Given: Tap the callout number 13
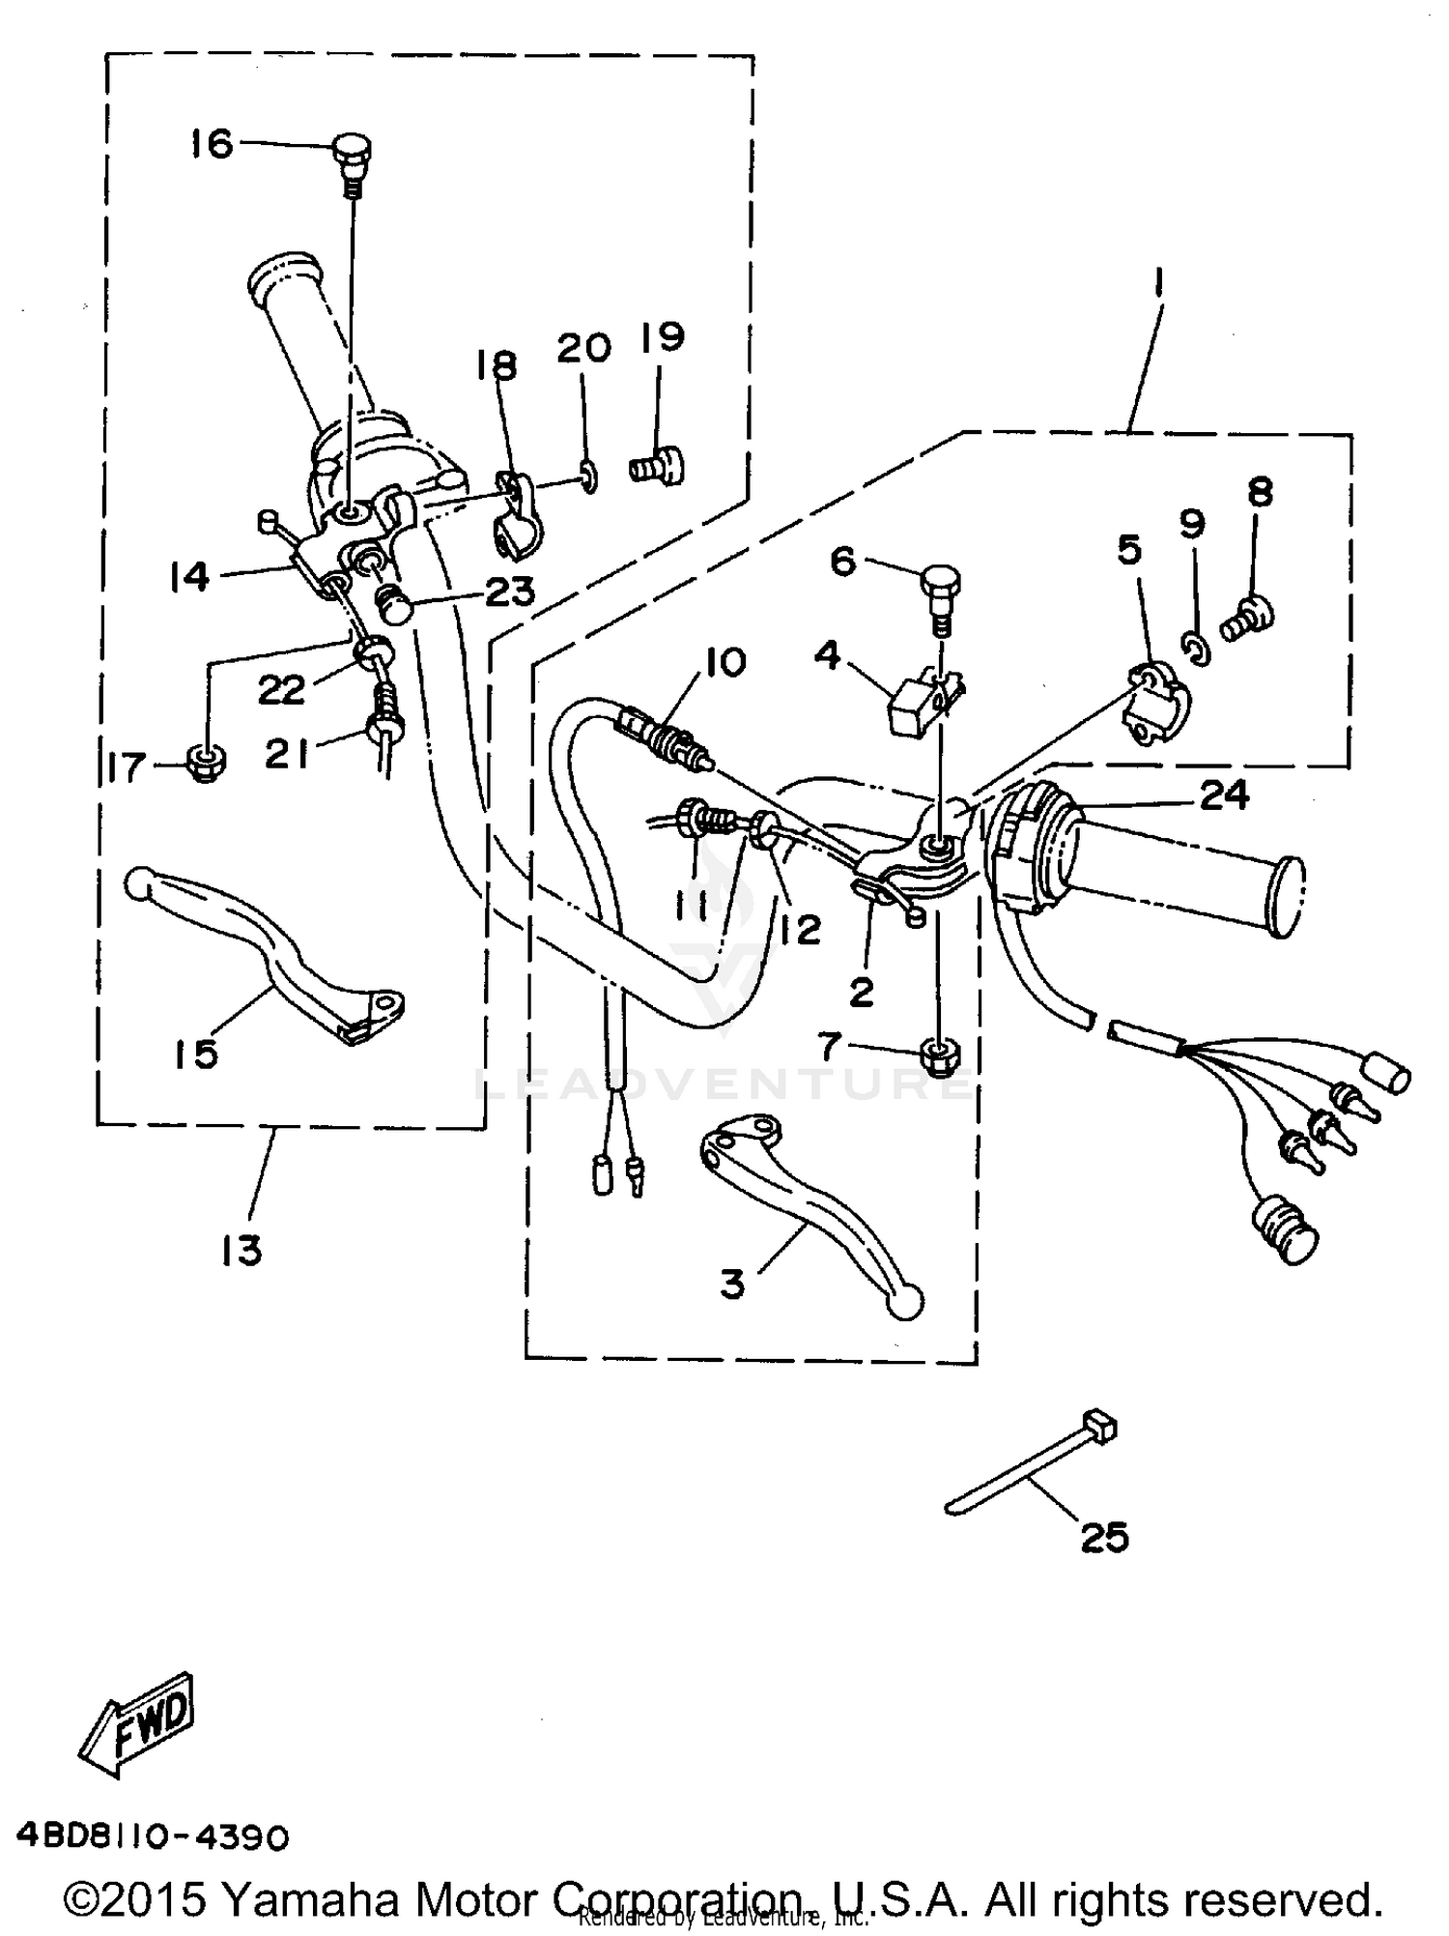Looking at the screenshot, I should pos(241,1250).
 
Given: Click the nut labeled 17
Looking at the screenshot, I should pos(205,766).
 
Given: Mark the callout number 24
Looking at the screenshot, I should pos(1224,795).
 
